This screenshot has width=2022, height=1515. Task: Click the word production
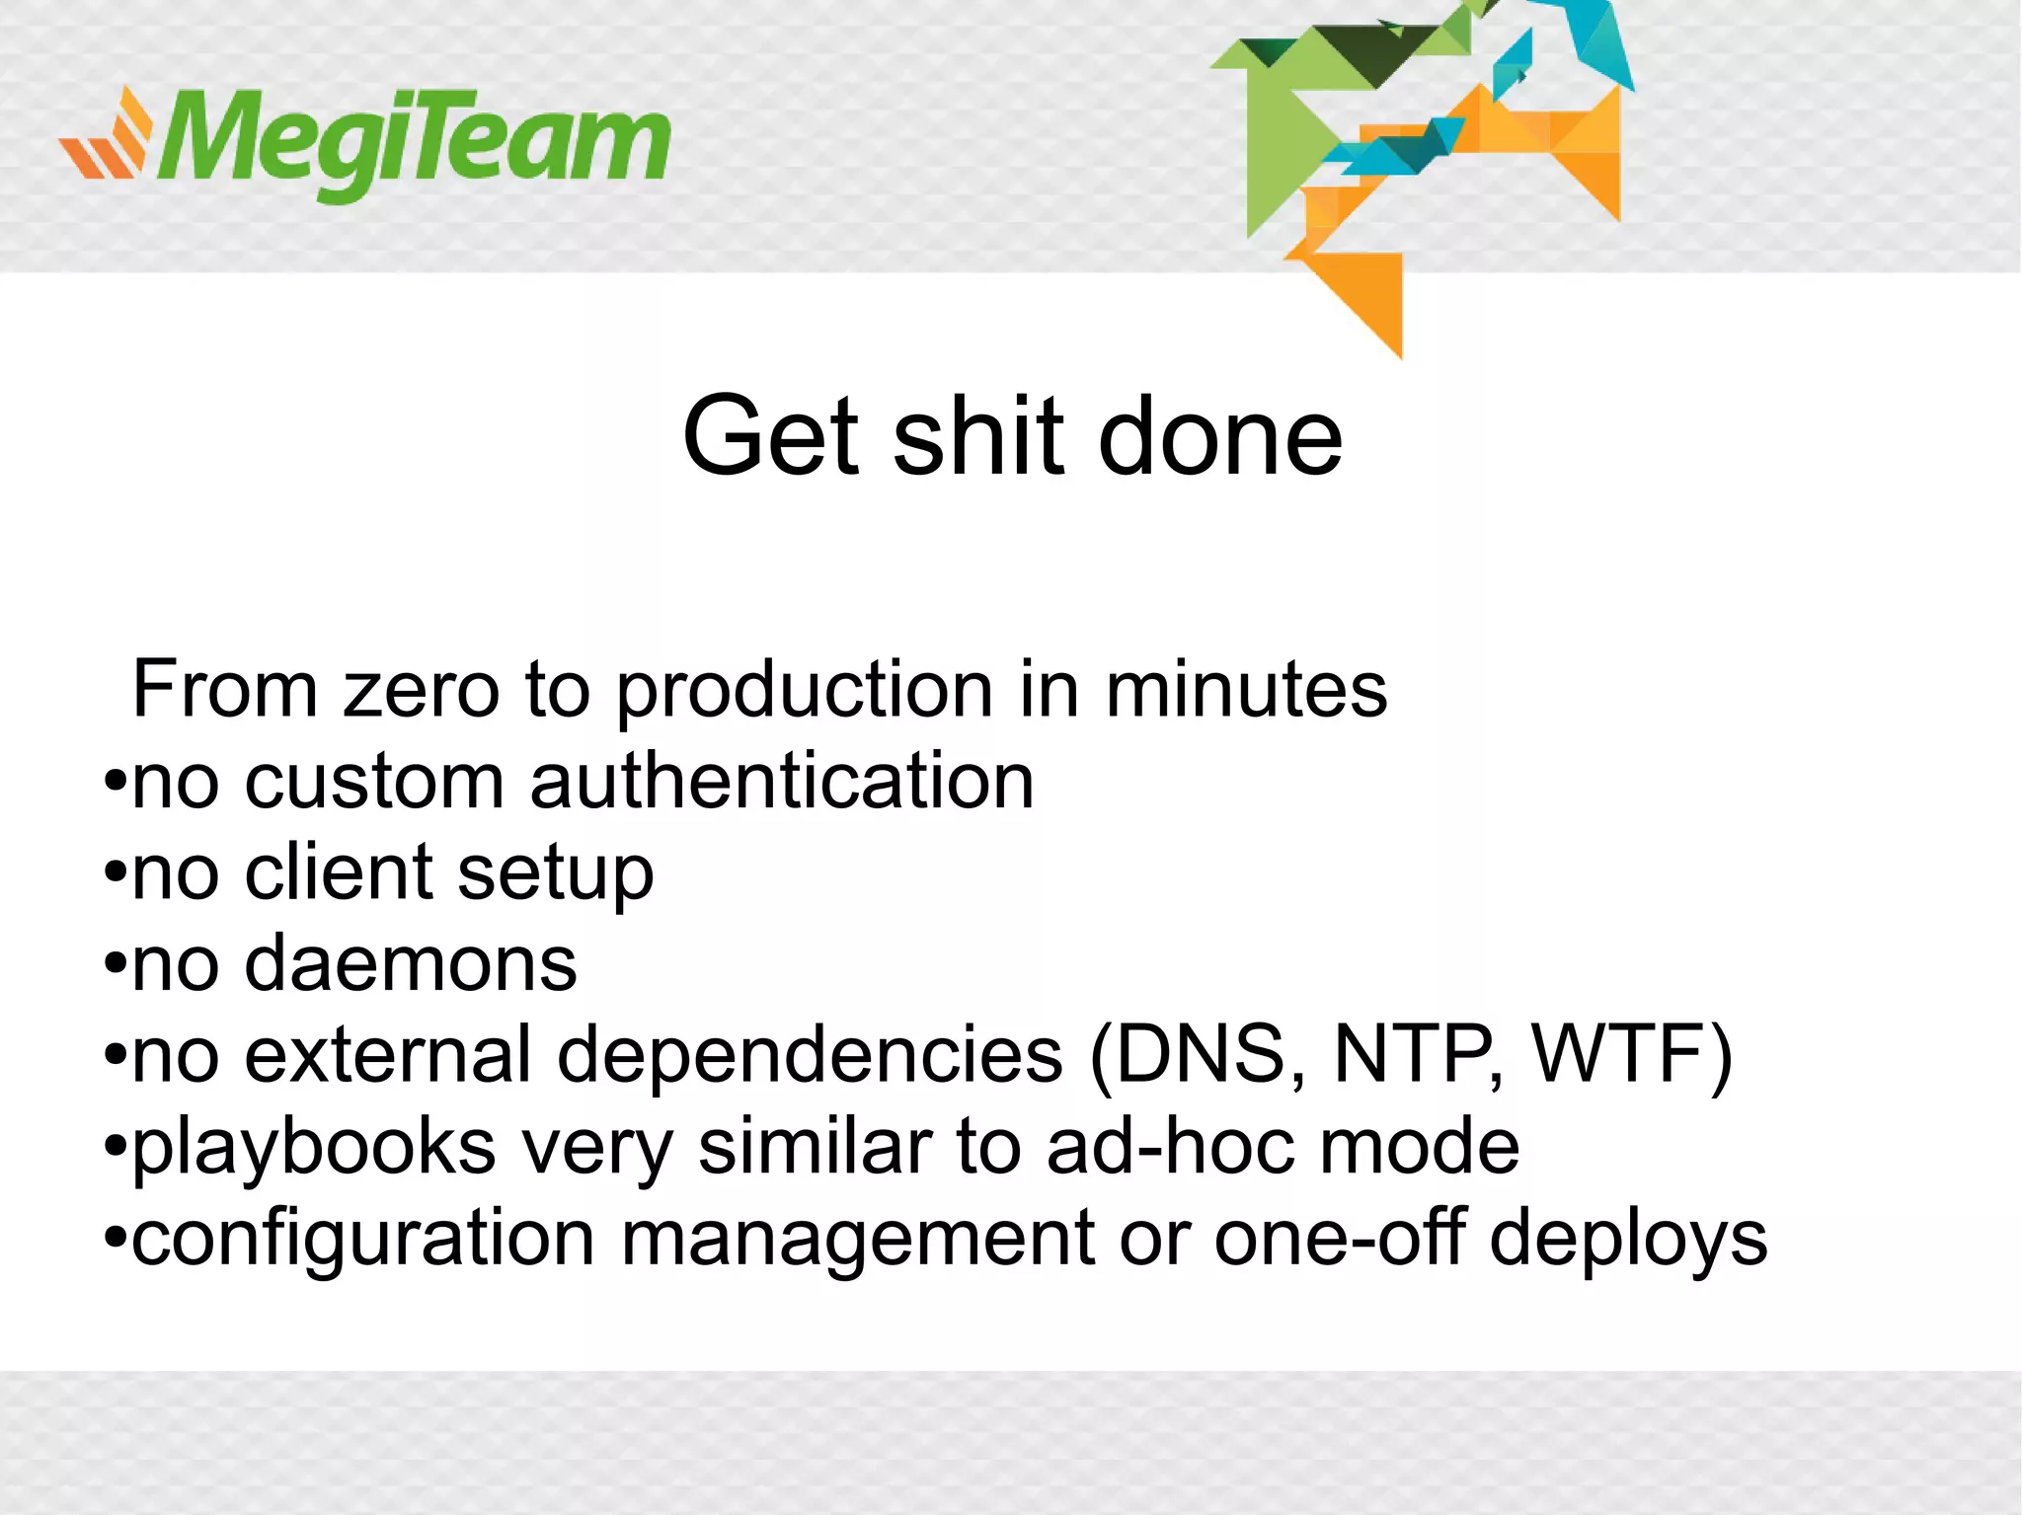805,691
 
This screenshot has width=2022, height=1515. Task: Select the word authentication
782,781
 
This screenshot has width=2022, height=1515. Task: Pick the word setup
556,874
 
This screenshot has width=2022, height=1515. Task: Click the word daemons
411,964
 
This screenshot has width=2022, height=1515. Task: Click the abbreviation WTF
1619,1055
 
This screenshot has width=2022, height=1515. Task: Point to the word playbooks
314,1148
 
